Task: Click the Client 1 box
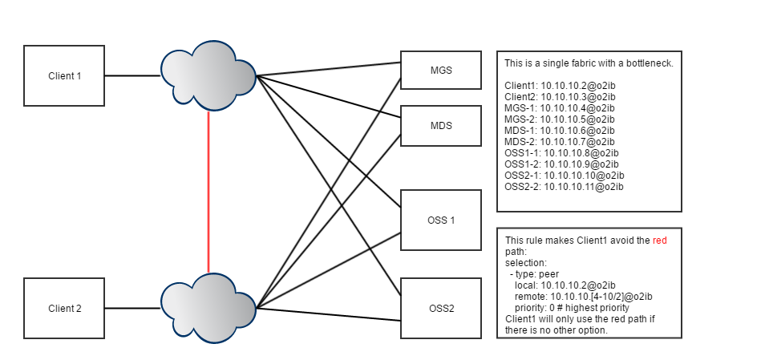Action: pos(64,76)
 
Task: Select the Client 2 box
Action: pos(64,308)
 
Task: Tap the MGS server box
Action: pos(440,71)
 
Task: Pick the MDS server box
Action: pos(440,126)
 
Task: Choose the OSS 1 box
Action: pos(440,220)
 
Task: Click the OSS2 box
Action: pos(440,308)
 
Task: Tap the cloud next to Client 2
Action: pos(208,308)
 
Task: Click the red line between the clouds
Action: pos(208,192)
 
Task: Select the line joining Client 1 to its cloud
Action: pos(132,76)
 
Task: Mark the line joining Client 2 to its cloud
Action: pos(132,308)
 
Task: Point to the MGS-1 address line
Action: pos(559,108)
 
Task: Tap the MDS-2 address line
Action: pos(559,142)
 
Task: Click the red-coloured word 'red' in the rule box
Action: pos(659,241)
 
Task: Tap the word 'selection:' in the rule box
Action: pos(526,262)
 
